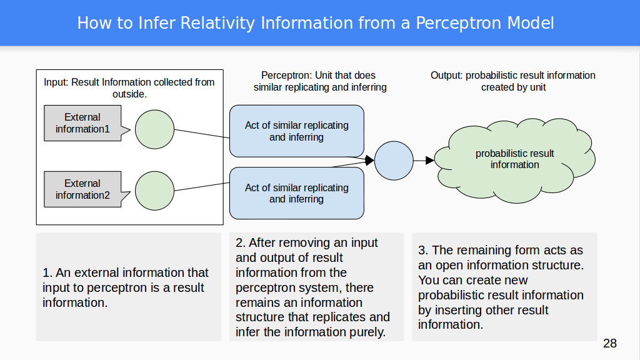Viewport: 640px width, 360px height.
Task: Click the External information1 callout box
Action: tap(82, 123)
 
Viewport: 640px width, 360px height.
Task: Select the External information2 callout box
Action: tap(82, 189)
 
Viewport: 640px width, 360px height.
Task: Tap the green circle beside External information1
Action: tap(154, 129)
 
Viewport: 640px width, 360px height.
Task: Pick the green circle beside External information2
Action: tap(154, 191)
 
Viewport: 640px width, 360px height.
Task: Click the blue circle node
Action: tap(394, 161)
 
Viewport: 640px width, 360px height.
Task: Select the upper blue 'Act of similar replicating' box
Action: tap(296, 131)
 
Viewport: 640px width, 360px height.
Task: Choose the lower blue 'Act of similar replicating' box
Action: tap(296, 193)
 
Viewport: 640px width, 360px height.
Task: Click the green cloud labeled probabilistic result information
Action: tap(514, 159)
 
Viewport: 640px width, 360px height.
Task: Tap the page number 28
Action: tap(610, 343)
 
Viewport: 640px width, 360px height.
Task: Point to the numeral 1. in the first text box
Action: tap(47, 273)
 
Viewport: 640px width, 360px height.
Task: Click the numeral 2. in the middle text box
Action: tap(240, 243)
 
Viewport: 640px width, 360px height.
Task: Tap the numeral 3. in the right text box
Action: tap(422, 251)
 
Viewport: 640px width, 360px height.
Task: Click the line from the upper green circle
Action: tap(201, 134)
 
